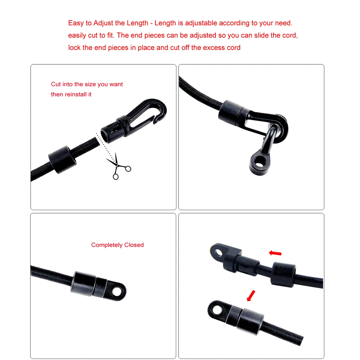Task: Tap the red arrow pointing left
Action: (x=275, y=253)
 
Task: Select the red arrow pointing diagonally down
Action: (x=251, y=296)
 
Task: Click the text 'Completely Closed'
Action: (x=117, y=245)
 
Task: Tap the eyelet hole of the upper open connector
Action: (x=217, y=251)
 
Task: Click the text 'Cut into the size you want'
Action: (x=87, y=84)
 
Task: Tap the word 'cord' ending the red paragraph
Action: (x=233, y=47)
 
